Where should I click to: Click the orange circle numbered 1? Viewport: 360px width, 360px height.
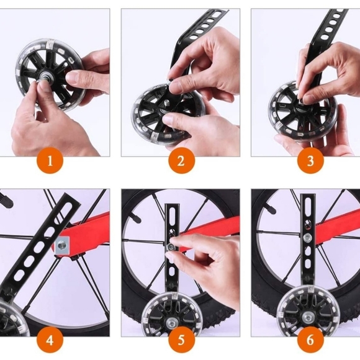(x=50, y=161)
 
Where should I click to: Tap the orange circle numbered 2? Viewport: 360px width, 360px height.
(x=181, y=161)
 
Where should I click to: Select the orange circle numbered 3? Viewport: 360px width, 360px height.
(x=310, y=161)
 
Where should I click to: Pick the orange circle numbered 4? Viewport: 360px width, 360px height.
(x=50, y=340)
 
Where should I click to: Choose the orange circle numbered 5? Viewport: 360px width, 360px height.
(x=181, y=340)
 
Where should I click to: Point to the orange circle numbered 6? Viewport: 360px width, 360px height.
(x=310, y=340)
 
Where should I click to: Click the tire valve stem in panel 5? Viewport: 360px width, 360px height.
(x=136, y=218)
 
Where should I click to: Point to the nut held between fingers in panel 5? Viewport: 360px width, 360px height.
(x=171, y=247)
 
